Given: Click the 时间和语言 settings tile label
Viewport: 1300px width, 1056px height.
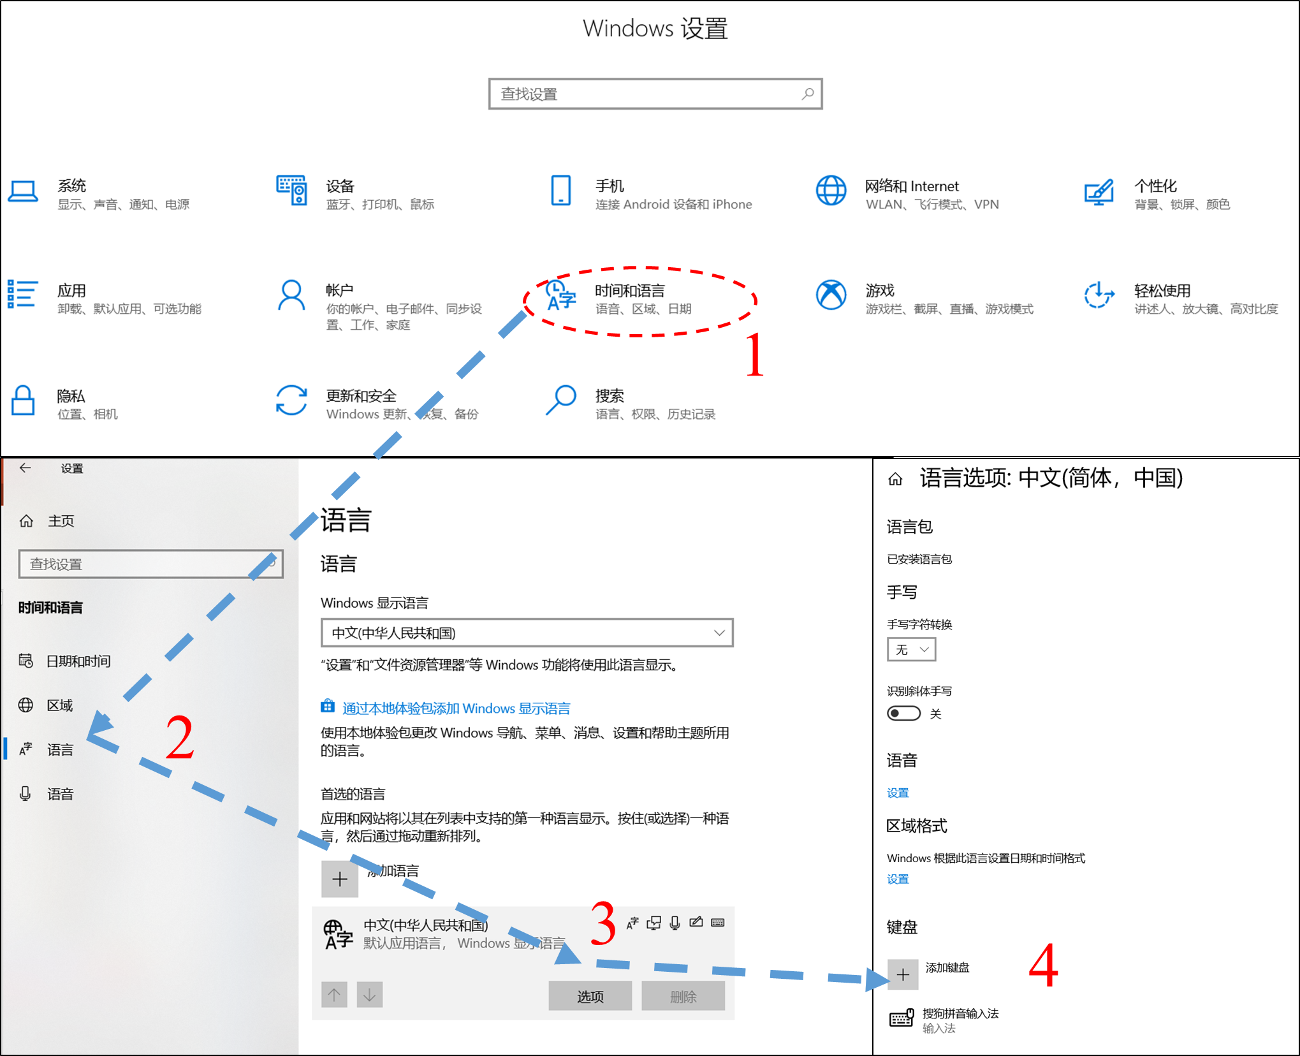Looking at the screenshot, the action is [629, 291].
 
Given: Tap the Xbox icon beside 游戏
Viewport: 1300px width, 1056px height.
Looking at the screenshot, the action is [831, 295].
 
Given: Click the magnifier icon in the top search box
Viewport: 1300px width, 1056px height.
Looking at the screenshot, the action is [807, 94].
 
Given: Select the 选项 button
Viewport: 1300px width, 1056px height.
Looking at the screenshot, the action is [590, 996].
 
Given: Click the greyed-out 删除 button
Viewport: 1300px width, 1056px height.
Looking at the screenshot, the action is [683, 996].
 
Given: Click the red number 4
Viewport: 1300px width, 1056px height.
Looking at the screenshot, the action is [1043, 965].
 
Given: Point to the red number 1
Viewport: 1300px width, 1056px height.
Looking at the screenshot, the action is [754, 354].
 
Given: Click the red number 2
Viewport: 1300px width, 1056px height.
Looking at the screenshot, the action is [179, 737].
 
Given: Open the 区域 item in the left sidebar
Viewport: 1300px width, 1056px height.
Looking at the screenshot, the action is [59, 705].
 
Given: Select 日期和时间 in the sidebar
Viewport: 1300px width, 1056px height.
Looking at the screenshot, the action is [78, 661].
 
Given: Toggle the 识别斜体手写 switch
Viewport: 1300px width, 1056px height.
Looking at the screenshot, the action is [903, 713].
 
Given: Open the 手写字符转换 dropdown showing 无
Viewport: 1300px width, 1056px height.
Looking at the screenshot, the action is [911, 650].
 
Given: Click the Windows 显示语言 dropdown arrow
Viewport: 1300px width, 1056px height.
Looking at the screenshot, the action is [719, 633].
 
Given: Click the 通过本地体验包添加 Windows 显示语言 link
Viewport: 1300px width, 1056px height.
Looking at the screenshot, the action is [456, 708].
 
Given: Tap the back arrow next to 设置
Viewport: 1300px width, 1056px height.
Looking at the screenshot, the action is [25, 468].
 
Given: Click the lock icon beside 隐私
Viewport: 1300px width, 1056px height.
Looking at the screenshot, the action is [23, 400].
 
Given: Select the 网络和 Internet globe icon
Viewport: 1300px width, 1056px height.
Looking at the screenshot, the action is [831, 191].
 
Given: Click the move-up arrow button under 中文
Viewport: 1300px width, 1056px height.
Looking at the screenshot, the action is [334, 995].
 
